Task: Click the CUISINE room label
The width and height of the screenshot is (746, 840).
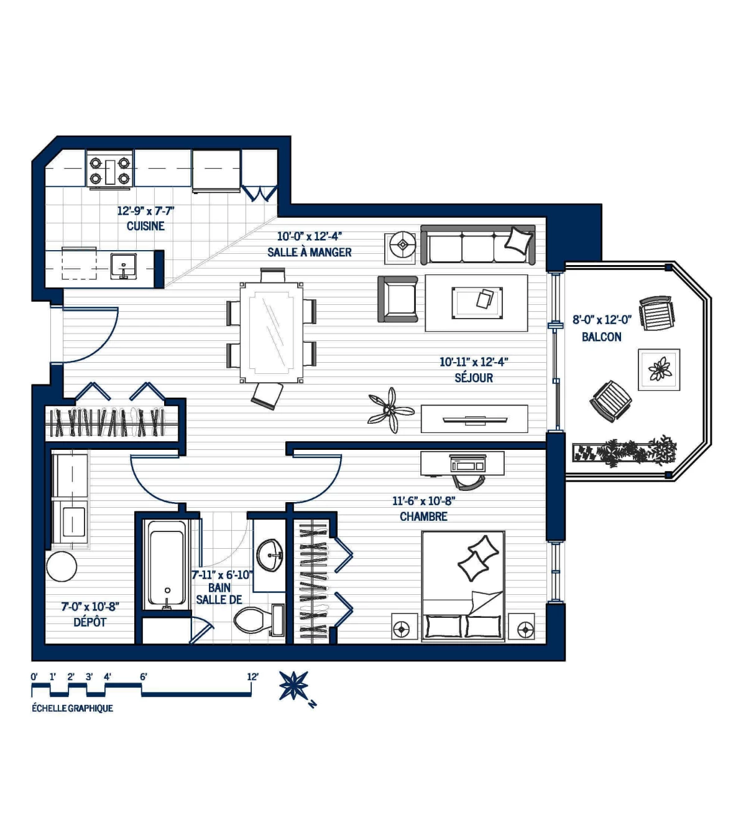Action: point(145,226)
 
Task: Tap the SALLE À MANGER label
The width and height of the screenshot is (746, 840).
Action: point(309,252)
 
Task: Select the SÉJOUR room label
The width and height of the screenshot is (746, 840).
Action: point(474,378)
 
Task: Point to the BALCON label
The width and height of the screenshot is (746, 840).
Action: point(601,337)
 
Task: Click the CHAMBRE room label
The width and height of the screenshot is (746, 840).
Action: point(423,516)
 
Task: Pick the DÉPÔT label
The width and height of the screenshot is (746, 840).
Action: point(90,622)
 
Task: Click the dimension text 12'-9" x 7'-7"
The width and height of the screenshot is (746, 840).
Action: point(145,211)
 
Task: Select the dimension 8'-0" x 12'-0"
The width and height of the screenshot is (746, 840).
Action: point(601,320)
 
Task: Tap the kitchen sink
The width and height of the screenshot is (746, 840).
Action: point(124,266)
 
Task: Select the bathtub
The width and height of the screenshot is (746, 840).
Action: point(167,565)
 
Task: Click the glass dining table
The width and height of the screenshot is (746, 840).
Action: point(271,332)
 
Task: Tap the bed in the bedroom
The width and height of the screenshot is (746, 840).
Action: point(463,585)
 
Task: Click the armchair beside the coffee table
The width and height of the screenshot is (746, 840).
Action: point(398,299)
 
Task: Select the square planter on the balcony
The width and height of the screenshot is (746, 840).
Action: point(659,370)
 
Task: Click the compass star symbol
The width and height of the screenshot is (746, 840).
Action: point(293,685)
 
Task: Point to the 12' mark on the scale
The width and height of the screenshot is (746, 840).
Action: point(252,677)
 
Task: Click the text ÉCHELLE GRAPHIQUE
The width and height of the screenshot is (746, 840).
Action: point(73,708)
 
